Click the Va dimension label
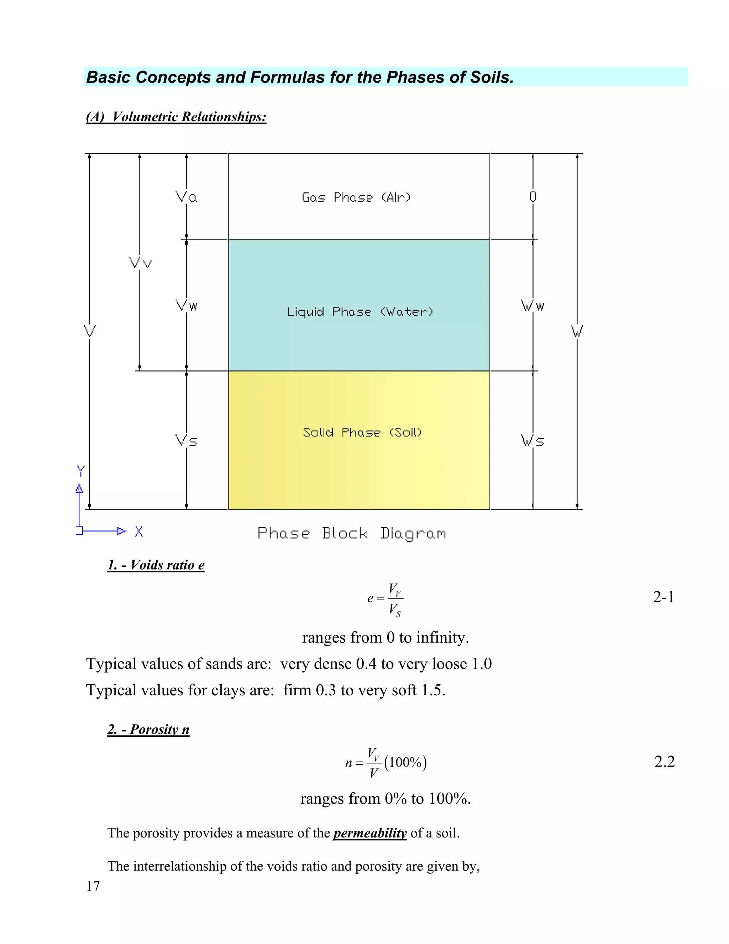[x=187, y=197]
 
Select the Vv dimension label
[x=140, y=263]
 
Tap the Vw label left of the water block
[x=187, y=306]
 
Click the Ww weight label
[x=533, y=306]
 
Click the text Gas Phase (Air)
[x=356, y=198]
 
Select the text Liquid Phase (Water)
[x=360, y=312]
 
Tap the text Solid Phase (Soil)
[x=362, y=432]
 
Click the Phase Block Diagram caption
[x=352, y=533]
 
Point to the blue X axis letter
[x=138, y=531]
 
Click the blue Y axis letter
[x=81, y=471]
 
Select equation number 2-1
[x=664, y=597]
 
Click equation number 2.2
[x=664, y=762]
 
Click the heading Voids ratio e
[x=156, y=565]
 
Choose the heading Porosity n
[x=148, y=729]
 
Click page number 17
[x=93, y=886]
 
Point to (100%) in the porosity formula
[x=405, y=762]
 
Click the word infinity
[x=442, y=638]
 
